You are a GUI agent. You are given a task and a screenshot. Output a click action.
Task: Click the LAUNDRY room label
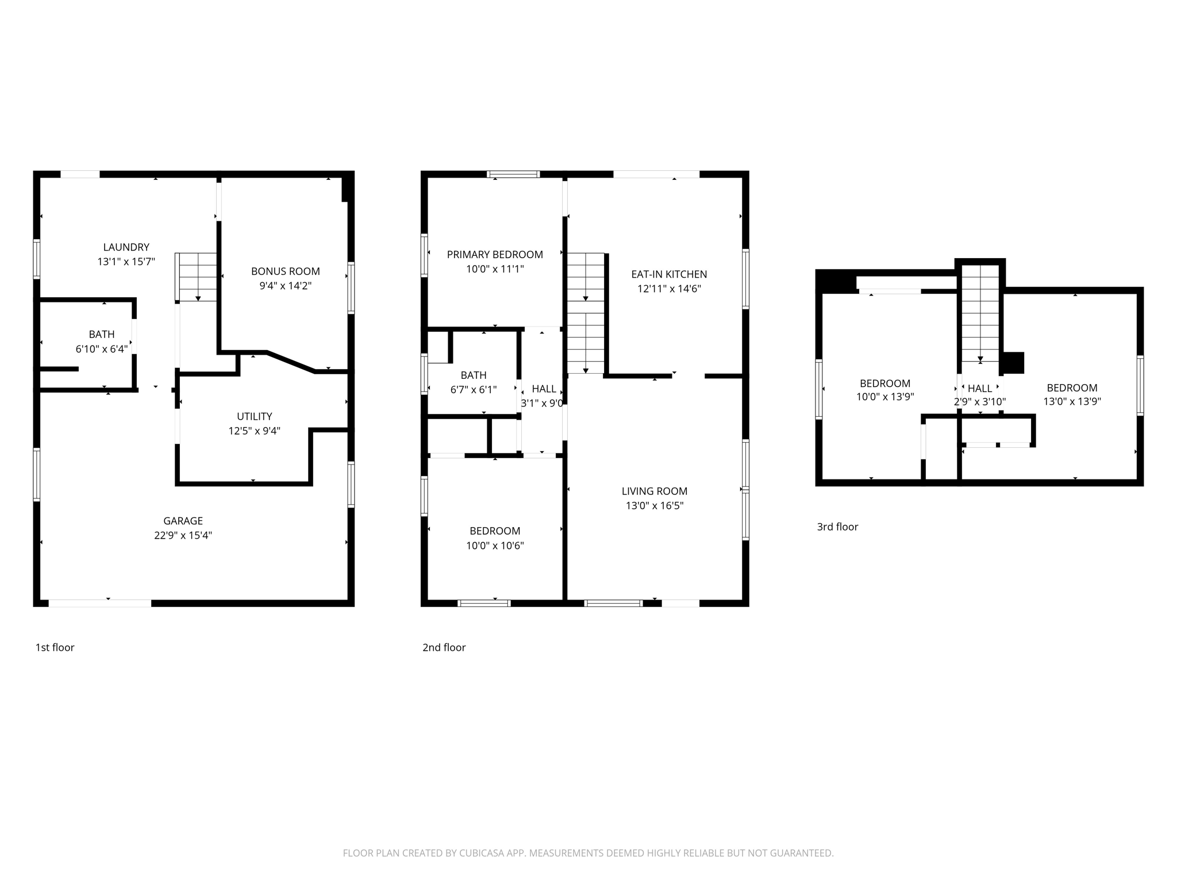coord(126,247)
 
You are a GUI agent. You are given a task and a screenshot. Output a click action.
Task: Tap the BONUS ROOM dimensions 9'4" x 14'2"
coord(285,286)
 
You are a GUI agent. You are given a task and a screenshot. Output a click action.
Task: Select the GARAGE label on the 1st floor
coord(183,521)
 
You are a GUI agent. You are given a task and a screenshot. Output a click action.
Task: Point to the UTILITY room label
coord(254,416)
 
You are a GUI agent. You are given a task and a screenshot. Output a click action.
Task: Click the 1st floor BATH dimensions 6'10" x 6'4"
coord(102,349)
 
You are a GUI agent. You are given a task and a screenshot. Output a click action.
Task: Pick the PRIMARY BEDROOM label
coord(494,255)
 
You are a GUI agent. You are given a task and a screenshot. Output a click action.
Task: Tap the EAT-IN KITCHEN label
coord(669,275)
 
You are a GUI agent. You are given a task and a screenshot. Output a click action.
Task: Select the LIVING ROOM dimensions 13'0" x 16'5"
coord(654,506)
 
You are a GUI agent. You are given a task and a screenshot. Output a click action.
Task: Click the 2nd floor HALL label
coord(543,389)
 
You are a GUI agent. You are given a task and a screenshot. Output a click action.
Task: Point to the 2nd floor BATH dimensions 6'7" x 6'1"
coord(473,390)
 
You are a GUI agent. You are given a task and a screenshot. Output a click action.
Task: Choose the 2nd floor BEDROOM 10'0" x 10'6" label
coord(494,531)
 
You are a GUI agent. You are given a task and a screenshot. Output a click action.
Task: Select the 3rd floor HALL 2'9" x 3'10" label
coord(979,389)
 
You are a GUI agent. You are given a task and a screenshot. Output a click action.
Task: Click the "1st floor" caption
coord(55,648)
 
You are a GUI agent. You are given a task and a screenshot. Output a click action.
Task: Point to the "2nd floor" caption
coord(444,648)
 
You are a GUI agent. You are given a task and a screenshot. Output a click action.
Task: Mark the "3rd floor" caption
coord(837,527)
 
